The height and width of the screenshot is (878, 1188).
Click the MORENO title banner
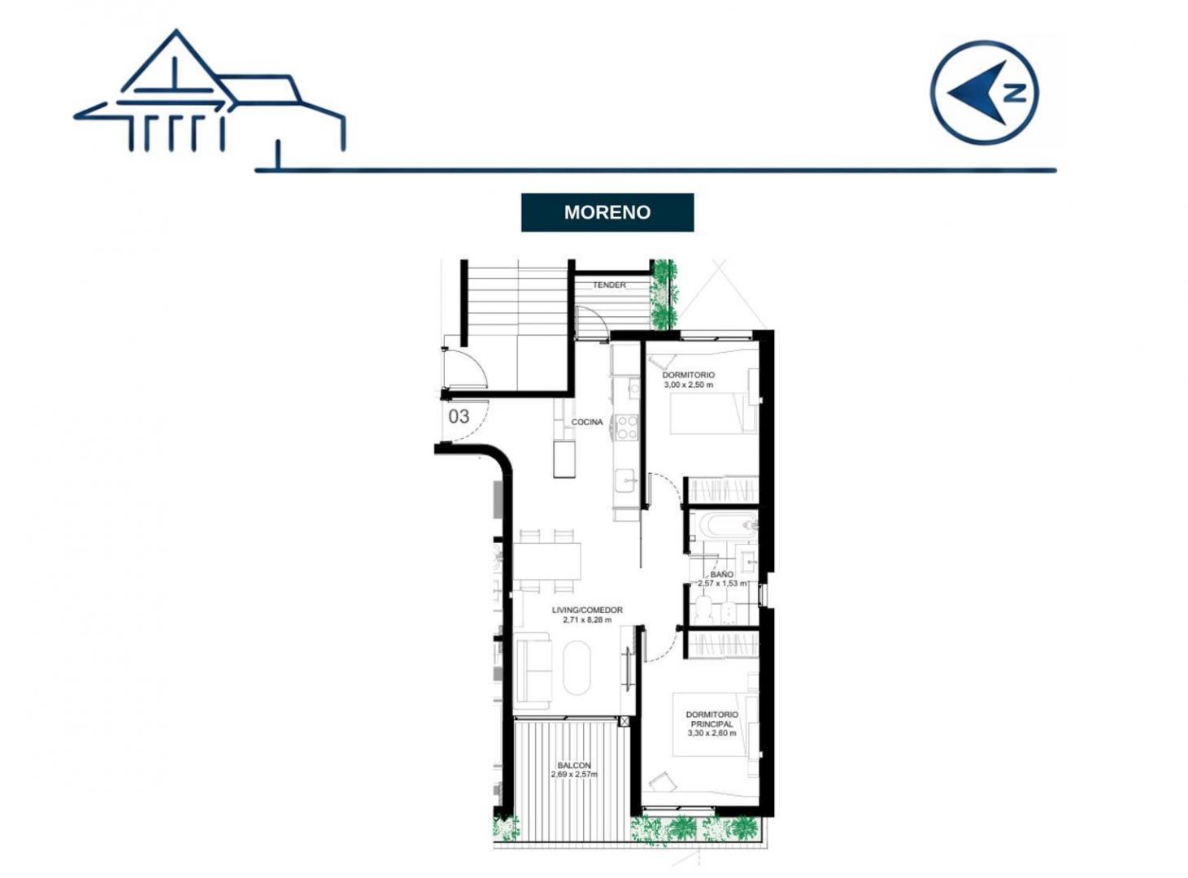click(607, 212)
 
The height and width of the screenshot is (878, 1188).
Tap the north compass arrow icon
click(984, 93)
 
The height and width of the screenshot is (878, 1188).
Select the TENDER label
click(609, 285)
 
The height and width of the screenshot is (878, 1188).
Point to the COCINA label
click(586, 422)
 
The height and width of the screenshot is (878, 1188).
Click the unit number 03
click(459, 416)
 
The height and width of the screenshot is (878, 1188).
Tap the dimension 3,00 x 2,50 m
click(688, 385)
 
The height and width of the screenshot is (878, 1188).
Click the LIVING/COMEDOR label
click(587, 611)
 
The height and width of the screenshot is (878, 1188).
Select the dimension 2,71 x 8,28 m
click(587, 619)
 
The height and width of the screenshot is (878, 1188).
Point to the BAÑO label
click(721, 574)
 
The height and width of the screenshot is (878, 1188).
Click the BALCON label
click(573, 766)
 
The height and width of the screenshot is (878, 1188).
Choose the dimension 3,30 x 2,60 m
click(711, 733)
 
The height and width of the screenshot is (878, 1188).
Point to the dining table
click(547, 561)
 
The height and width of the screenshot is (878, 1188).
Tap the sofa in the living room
click(533, 671)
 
